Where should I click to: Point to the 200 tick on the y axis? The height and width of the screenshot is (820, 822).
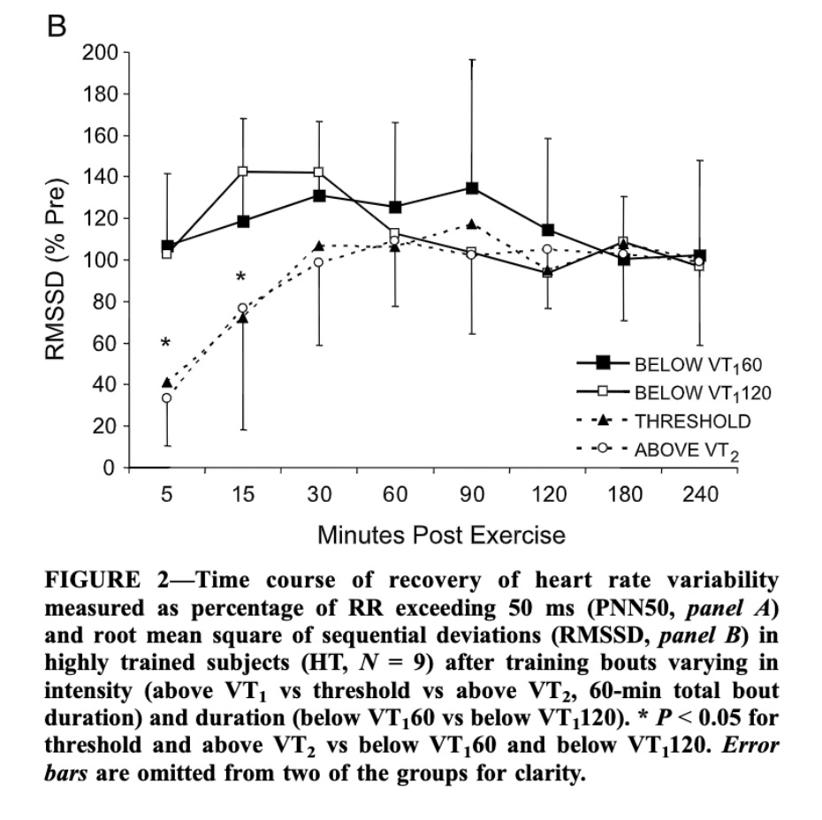coord(100,53)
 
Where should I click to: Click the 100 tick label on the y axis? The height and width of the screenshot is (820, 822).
coord(100,261)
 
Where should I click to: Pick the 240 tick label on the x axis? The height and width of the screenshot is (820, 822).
coord(700,495)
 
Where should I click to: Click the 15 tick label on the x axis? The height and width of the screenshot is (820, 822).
coord(242,495)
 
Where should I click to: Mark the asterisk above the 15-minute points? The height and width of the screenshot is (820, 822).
coord(240,279)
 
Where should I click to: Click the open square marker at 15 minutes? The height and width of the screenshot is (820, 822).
coord(243,171)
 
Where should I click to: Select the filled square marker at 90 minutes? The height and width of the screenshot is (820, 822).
coord(472,188)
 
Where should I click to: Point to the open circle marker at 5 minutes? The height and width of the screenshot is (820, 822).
coord(166,399)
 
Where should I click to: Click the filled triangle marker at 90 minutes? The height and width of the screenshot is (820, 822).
coord(472,224)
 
